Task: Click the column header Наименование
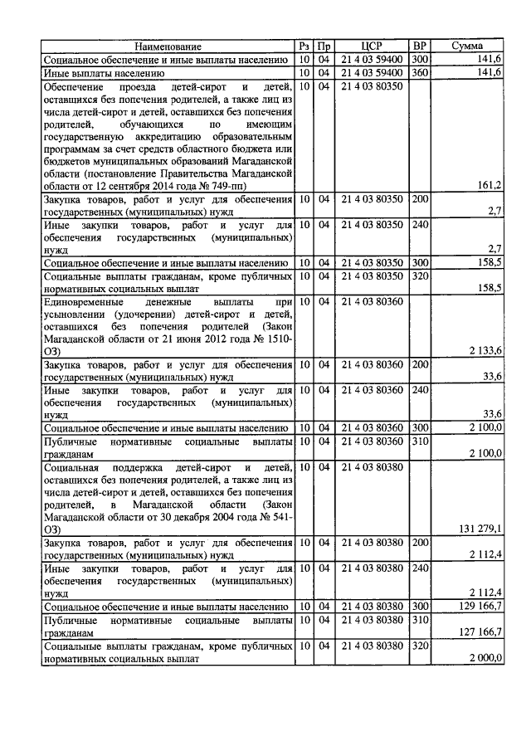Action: tap(168, 47)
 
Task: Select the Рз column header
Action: tap(304, 47)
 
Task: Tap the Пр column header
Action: tap(324, 47)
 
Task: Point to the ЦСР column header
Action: tap(371, 47)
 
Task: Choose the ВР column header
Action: tap(420, 47)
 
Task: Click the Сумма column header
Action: tap(468, 47)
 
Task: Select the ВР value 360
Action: tap(420, 73)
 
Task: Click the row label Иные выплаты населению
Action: tap(97, 73)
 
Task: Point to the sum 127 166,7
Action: tap(480, 632)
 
